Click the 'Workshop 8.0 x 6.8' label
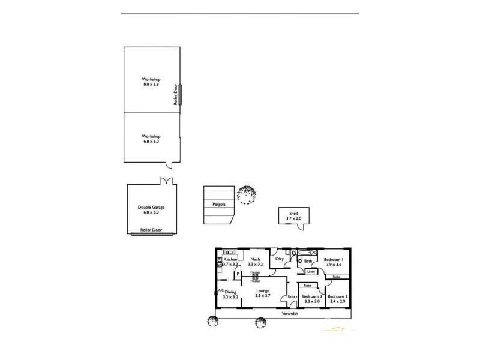151,82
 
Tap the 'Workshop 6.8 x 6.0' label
151,139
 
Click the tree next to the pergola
246,194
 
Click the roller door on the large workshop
179,94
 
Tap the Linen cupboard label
310,272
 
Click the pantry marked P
238,274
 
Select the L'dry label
278,259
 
